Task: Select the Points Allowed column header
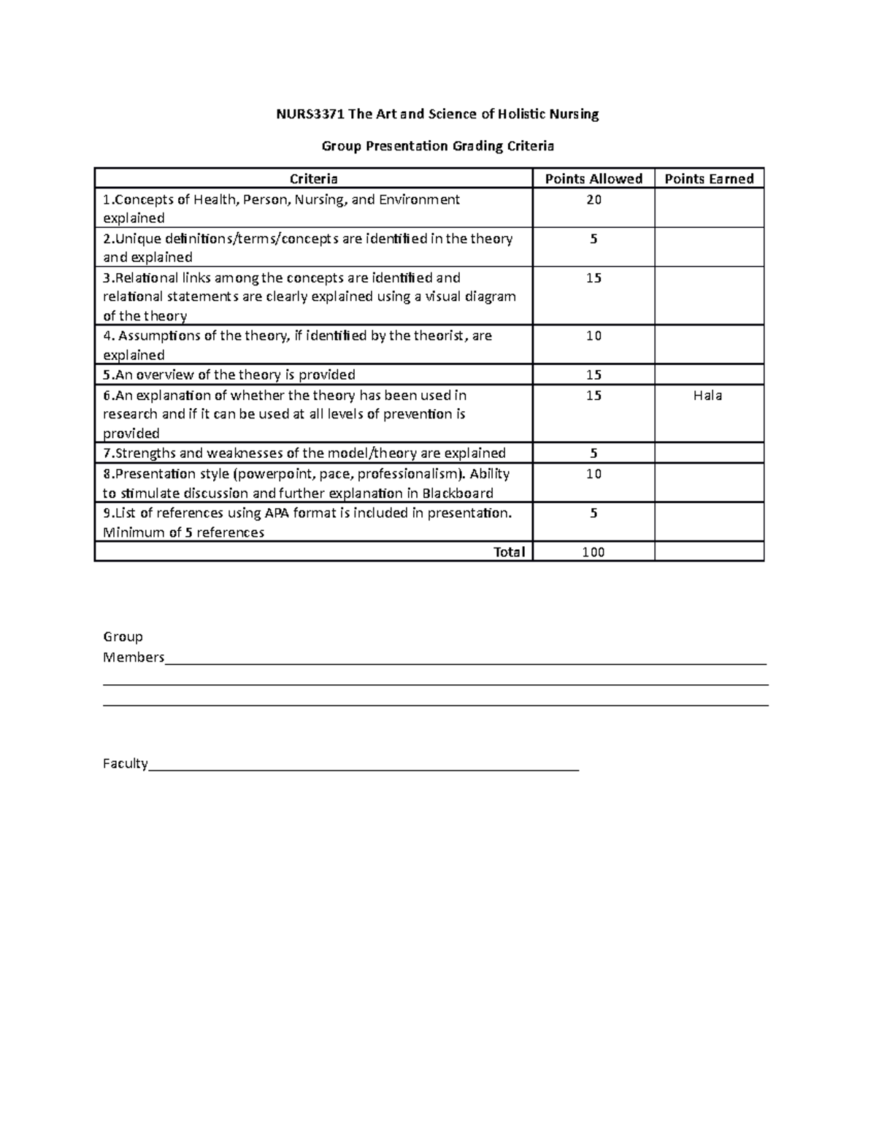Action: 593,179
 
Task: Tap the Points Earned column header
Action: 709,179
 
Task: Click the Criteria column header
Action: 314,179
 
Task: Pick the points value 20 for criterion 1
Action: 593,199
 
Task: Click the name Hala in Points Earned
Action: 708,396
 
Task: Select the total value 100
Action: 593,552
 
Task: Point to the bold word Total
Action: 509,552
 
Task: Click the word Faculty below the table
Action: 126,764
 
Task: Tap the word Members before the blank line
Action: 134,657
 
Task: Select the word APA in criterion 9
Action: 278,513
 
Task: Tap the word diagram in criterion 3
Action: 491,296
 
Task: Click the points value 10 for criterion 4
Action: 593,336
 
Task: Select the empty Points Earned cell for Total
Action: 709,552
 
